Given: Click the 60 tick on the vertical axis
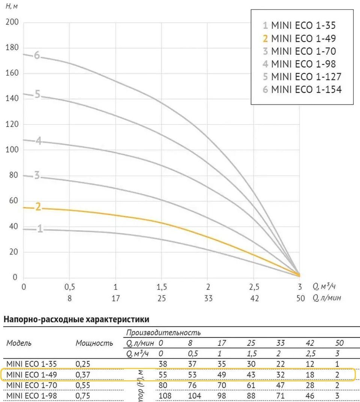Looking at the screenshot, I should tap(13, 201).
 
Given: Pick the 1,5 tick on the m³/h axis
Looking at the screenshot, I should tap(162, 287).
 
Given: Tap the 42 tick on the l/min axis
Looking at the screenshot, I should tap(254, 299).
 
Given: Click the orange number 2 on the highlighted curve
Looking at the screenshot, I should tap(38, 207).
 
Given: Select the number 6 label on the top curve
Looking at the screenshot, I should tap(37, 55).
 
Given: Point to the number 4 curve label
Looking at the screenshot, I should tap(38, 141).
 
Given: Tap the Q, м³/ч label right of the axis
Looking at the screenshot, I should tap(324, 287).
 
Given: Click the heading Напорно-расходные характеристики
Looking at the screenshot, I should tap(76, 320).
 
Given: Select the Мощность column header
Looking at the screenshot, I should tap(94, 343).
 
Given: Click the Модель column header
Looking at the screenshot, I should tap(19, 343).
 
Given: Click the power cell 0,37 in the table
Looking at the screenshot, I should tap(83, 374).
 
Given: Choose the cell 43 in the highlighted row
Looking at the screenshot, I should tap(251, 374).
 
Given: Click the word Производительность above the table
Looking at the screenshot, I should tap(163, 332).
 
